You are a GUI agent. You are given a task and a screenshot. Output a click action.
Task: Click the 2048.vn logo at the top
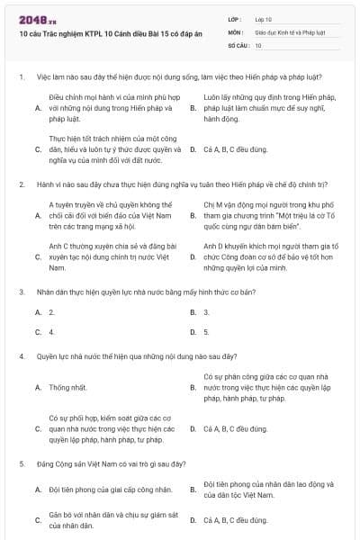pos(33,19)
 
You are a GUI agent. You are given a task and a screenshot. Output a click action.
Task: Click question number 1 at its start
pos(21,77)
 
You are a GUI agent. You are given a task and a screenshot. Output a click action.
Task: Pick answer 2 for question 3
pos(51,312)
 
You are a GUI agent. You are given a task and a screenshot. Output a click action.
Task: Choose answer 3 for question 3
pos(206,312)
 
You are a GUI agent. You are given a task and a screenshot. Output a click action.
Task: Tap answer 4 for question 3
pos(51,332)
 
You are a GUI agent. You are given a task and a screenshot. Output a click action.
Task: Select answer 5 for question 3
pos(206,332)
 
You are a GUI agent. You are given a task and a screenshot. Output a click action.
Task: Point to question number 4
pos(21,356)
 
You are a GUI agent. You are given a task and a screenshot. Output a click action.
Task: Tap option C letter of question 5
pos(38,520)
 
